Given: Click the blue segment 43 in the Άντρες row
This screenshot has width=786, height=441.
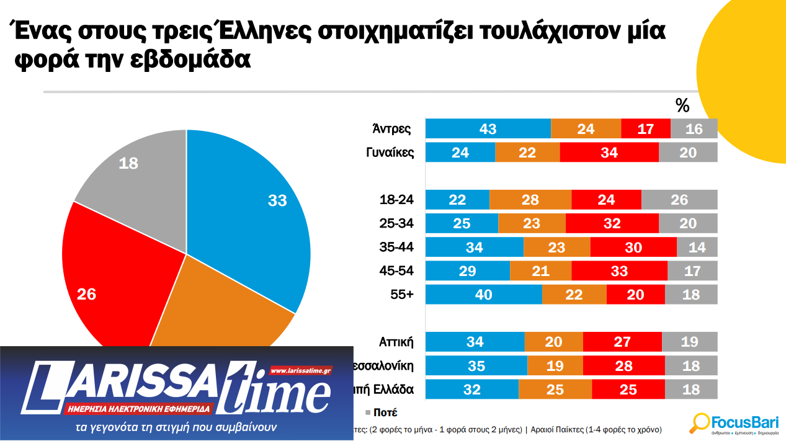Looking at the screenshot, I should [488, 128].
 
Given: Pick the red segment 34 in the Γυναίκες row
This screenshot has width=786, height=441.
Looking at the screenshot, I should [609, 152].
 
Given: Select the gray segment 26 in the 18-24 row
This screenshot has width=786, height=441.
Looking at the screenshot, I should [679, 200].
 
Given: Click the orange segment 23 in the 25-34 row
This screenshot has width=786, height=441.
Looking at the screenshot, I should [532, 223].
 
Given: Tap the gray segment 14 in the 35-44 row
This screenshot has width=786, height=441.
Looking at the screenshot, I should [697, 247].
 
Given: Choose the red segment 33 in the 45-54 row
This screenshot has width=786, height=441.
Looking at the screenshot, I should [619, 270].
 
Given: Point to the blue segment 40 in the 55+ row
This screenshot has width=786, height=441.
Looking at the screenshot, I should [483, 294].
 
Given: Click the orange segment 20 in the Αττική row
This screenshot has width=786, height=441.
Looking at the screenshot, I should [553, 342].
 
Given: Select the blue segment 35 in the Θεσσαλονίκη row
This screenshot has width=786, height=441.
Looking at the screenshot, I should [476, 365].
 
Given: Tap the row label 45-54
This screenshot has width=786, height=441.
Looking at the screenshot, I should [396, 270].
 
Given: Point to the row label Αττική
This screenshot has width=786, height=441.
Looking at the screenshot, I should [396, 342].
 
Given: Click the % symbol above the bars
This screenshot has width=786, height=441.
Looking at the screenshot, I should [682, 106].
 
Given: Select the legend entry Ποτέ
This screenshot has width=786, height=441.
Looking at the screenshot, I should [385, 412].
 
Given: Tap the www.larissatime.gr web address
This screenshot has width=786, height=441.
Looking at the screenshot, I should [301, 370].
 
